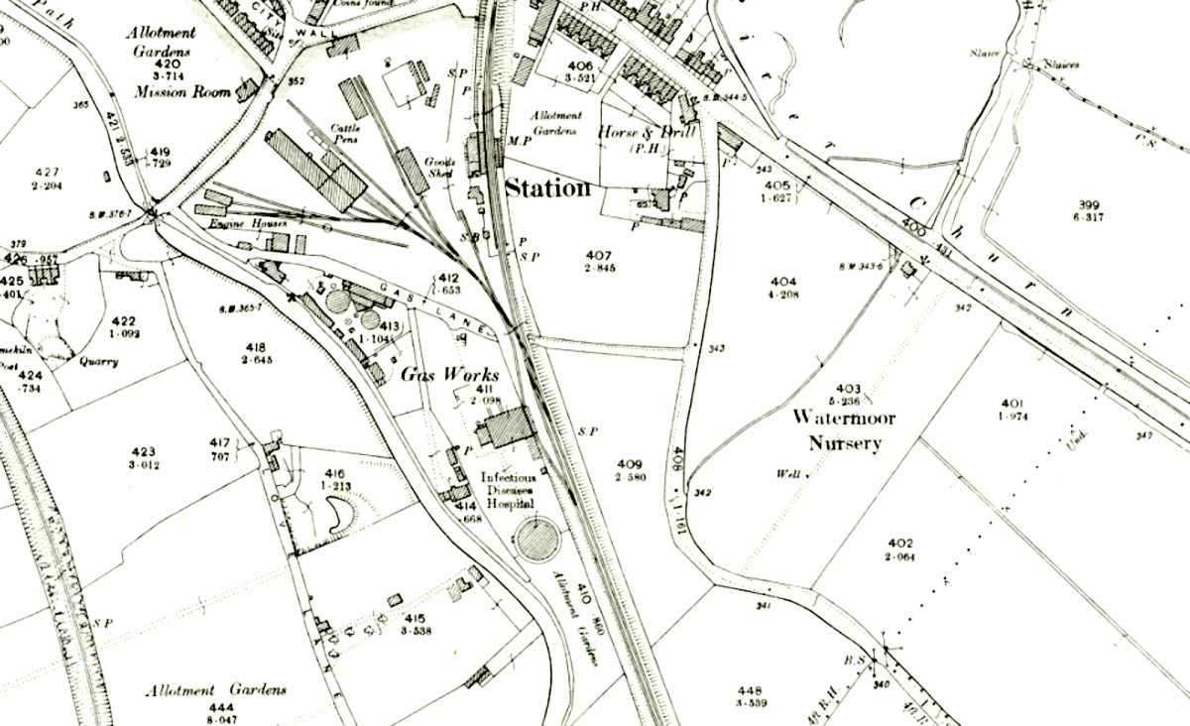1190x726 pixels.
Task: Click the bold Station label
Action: point(548,187)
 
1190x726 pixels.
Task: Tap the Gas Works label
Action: point(449,374)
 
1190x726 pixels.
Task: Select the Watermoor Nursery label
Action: point(843,430)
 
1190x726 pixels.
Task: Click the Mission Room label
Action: point(183,91)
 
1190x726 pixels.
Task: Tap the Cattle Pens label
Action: point(345,133)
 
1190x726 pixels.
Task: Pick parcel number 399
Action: point(1089,205)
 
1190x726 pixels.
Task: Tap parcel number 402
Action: point(899,544)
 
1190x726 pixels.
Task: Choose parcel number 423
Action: point(143,451)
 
